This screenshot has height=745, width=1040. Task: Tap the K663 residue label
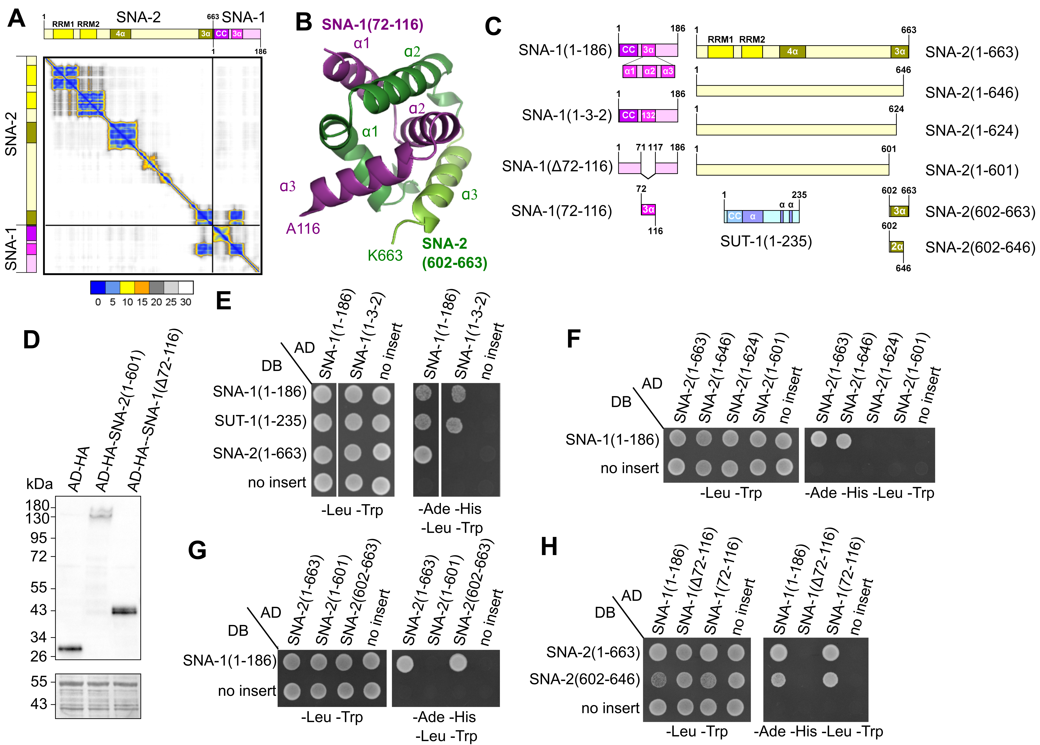385,255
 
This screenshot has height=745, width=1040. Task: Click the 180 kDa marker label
38,505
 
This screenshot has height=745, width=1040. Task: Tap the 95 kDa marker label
39,538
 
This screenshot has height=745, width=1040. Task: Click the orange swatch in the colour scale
142,287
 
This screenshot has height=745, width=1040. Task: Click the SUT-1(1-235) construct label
766,241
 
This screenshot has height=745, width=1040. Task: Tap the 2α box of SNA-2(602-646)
896,247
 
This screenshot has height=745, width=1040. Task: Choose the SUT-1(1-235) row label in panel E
260,421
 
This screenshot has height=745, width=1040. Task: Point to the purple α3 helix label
288,186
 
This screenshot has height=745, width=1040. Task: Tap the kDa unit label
39,484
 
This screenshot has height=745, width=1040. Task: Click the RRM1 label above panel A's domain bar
63,24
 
